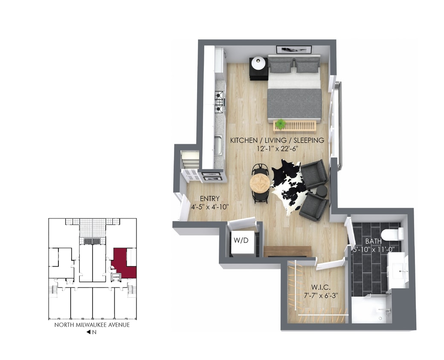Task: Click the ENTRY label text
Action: pos(209,198)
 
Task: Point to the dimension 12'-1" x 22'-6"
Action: pos(277,148)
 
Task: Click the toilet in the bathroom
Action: pos(392,234)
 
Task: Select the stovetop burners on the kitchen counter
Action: pos(219,100)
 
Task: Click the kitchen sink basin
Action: pos(218,145)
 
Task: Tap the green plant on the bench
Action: pos(280,124)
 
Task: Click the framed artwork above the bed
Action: pos(293,49)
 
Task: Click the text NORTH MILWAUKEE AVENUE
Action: pos(92,325)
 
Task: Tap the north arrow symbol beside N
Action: pos(88,332)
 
